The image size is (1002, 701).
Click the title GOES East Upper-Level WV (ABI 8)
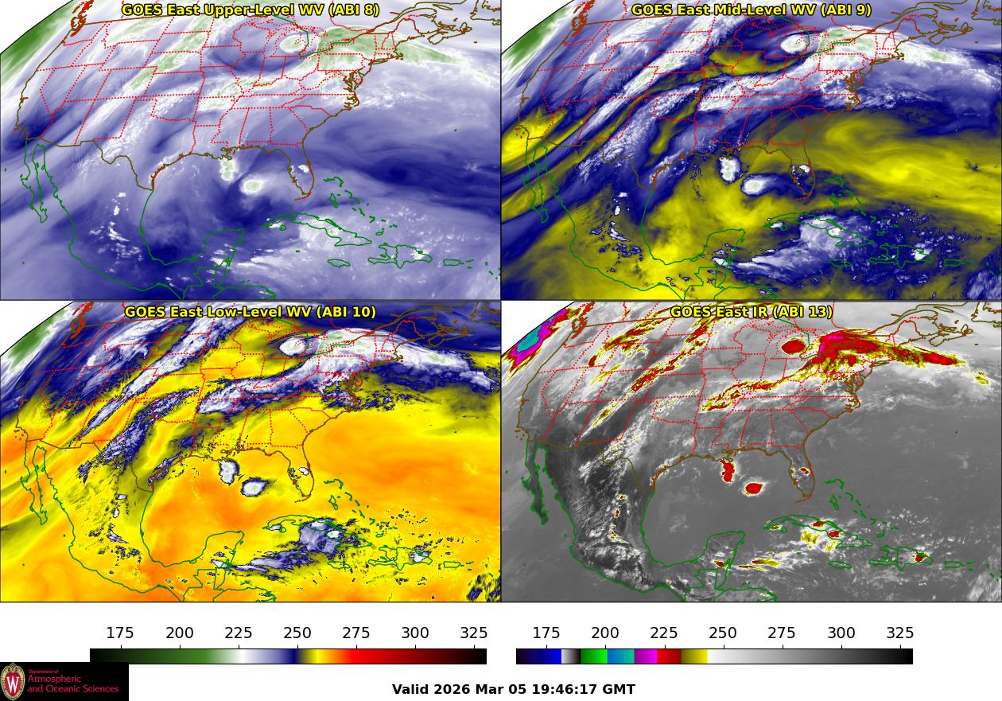[x=250, y=10]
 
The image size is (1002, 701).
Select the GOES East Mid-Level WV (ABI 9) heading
[x=751, y=10]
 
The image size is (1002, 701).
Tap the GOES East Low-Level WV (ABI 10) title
[x=250, y=312]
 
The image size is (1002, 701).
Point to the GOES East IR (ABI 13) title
[x=751, y=312]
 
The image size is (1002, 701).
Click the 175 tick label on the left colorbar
[x=120, y=633]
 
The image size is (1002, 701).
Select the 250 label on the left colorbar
[x=297, y=633]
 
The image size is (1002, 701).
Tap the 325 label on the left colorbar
[x=474, y=633]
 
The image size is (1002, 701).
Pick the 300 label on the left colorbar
[x=415, y=633]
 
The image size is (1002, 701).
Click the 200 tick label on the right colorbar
[x=605, y=633]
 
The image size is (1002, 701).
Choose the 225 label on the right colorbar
[x=664, y=633]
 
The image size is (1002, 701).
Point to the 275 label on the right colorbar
[x=782, y=633]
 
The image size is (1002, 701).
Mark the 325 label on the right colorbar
[x=900, y=633]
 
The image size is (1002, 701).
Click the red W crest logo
[x=13, y=682]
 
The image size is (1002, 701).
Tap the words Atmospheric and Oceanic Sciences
[x=72, y=684]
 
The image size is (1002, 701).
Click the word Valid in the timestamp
[x=411, y=690]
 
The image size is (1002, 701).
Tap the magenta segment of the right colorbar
[x=645, y=656]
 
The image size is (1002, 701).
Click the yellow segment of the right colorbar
[x=694, y=656]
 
